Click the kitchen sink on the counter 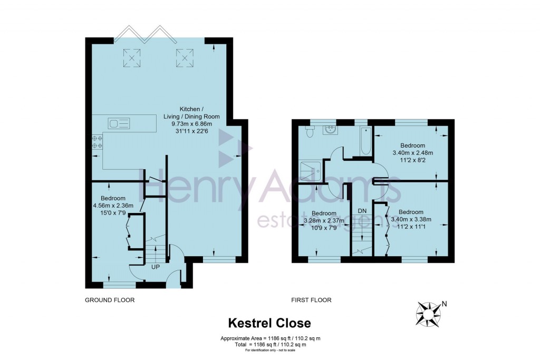click(119, 124)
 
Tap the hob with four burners click(97, 142)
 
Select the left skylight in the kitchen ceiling click(132, 58)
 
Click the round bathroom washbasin click(331, 130)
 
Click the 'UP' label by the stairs click(156, 267)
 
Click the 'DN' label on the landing click(362, 211)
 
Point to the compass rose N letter click(444, 303)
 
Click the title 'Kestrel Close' click(269, 323)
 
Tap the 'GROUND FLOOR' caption click(110, 300)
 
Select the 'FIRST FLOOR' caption click(311, 300)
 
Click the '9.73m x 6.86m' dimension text click(192, 124)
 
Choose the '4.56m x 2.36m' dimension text click(114, 206)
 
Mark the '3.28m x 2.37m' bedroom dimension click(324, 221)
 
